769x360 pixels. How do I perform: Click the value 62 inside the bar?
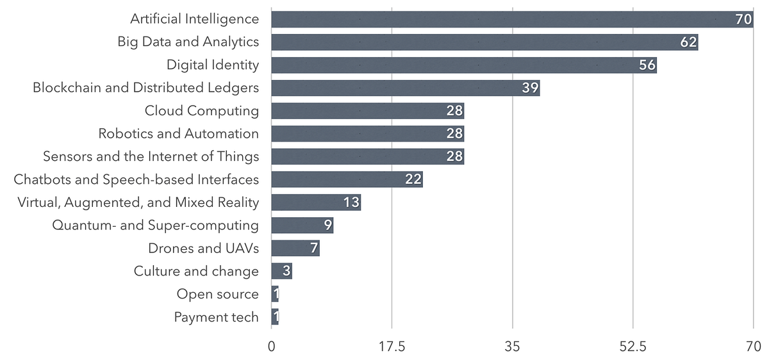(x=688, y=42)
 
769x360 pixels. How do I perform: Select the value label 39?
(x=530, y=88)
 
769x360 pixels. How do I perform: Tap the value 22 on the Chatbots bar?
(x=413, y=179)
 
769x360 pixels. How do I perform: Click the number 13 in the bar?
(x=351, y=202)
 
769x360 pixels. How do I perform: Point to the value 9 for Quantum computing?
(x=327, y=225)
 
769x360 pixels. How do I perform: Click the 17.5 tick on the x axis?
(x=392, y=347)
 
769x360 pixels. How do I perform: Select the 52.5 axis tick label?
(x=633, y=347)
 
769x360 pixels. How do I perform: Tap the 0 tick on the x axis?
(x=272, y=347)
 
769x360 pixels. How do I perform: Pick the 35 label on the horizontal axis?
(x=513, y=347)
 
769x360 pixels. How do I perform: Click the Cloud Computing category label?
(x=202, y=111)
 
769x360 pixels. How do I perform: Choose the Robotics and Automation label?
(x=179, y=134)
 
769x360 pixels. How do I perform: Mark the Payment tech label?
(x=217, y=317)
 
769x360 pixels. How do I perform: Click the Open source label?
(x=218, y=294)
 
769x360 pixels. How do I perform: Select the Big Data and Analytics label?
(x=188, y=42)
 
